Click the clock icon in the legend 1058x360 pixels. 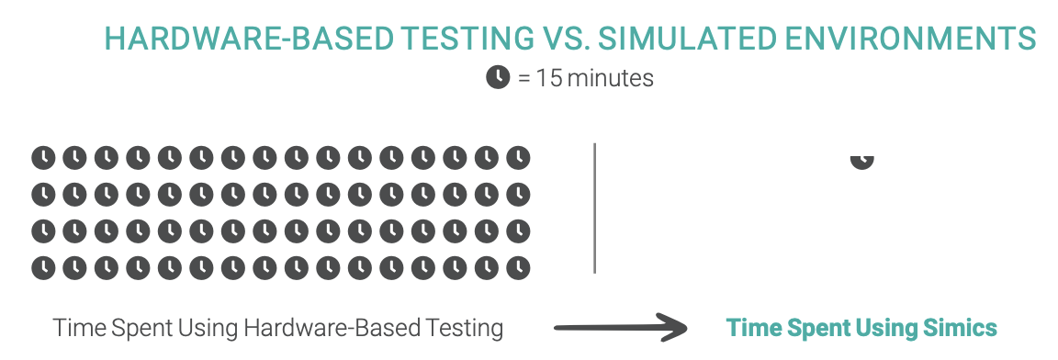tap(498, 78)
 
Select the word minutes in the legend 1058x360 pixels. tap(610, 78)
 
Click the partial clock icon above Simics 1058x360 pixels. tap(861, 160)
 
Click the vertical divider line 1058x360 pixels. tap(595, 208)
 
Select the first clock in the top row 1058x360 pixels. tap(43, 158)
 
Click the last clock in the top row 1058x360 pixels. tap(519, 158)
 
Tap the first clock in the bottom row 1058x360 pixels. tap(43, 267)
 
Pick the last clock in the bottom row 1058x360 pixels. tap(519, 267)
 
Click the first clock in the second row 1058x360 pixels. tap(43, 195)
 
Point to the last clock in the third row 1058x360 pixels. tap(519, 231)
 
